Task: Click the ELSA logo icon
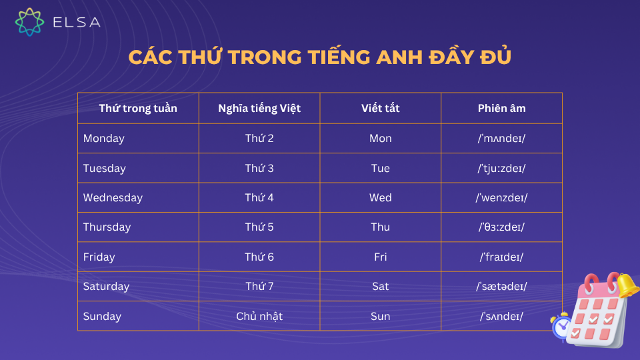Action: point(29,22)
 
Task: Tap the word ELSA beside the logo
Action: point(76,22)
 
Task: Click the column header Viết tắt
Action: point(380,108)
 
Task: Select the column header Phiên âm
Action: point(501,108)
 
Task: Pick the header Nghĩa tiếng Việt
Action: point(259,108)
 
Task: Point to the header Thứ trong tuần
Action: point(138,108)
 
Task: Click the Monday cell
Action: point(104,139)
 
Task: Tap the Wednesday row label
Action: point(113,198)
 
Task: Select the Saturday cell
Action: point(106,287)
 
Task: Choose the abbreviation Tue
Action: point(380,169)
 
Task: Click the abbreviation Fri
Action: point(380,257)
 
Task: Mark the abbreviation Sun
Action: point(380,316)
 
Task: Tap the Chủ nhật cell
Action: point(259,316)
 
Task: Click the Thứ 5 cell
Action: point(259,227)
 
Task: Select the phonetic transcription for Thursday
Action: point(501,227)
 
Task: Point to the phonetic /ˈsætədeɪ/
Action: point(501,287)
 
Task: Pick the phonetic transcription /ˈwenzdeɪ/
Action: point(501,198)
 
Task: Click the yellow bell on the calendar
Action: point(626,285)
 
